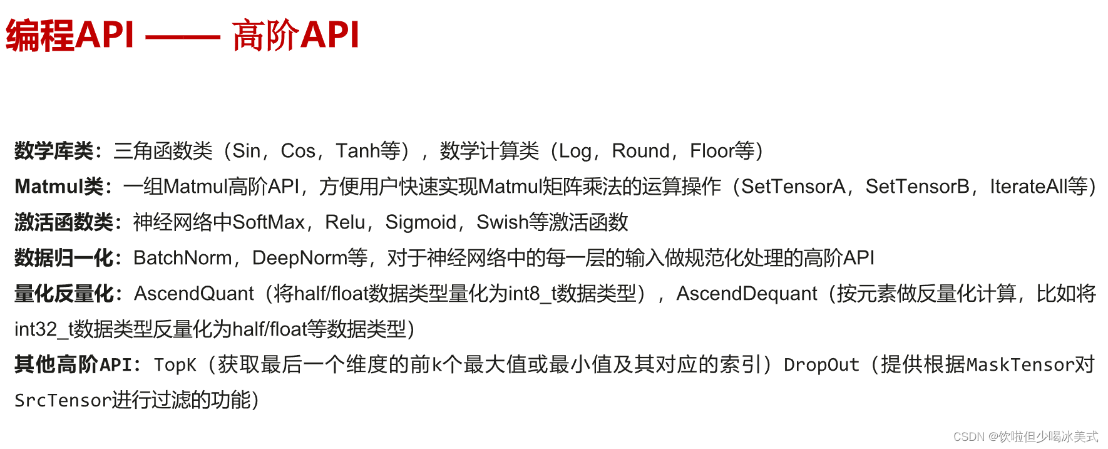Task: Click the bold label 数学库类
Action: click(x=54, y=151)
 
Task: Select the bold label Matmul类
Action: click(x=59, y=187)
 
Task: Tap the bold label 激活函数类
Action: click(x=64, y=222)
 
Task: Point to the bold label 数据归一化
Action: click(x=64, y=258)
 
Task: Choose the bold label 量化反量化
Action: click(x=64, y=294)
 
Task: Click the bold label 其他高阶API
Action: click(x=73, y=365)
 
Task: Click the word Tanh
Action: click(x=358, y=151)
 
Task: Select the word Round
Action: click(x=640, y=151)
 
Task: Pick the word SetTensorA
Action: click(x=793, y=187)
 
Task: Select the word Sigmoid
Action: click(x=421, y=222)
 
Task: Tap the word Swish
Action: click(x=503, y=222)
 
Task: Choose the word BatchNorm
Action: click(x=183, y=258)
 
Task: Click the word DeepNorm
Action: click(x=300, y=258)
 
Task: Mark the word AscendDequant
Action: click(x=747, y=294)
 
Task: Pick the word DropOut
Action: click(x=821, y=365)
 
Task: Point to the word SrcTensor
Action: click(x=63, y=401)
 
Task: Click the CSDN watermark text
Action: click(x=1025, y=436)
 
